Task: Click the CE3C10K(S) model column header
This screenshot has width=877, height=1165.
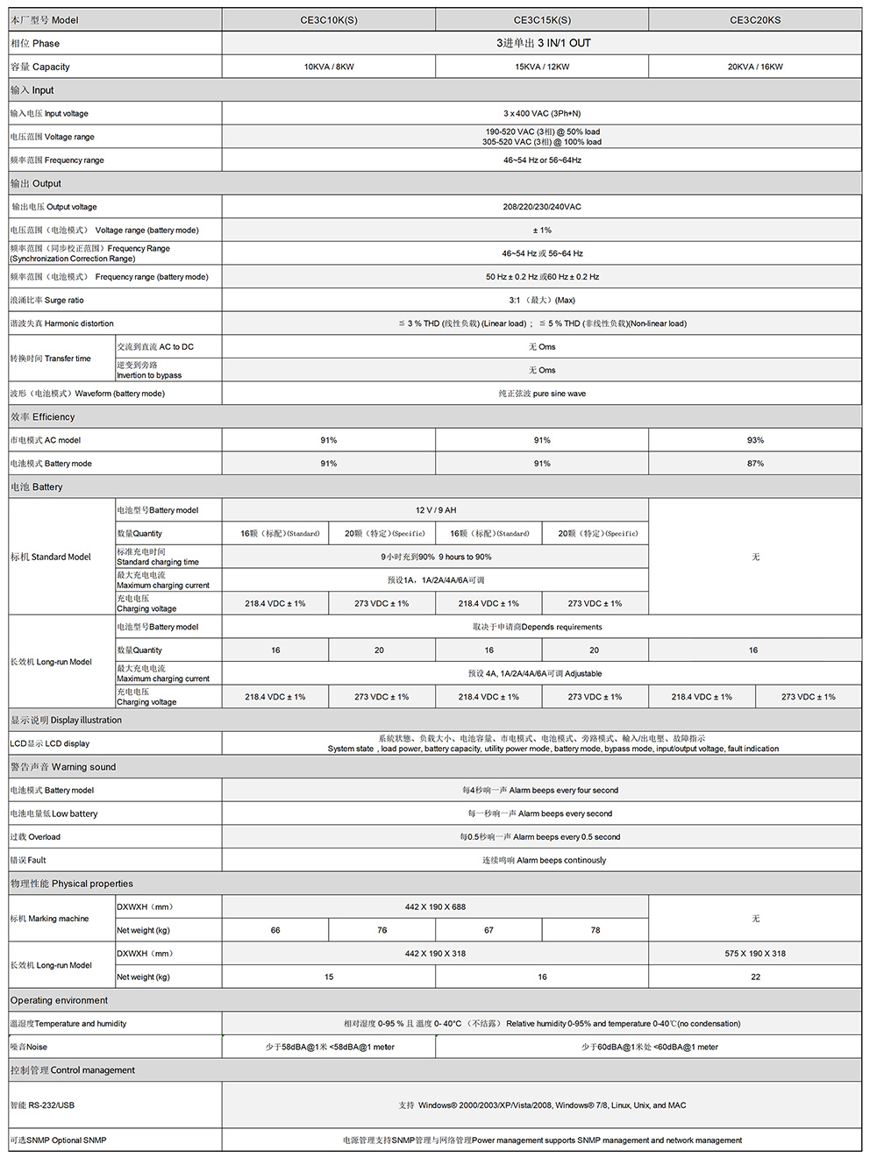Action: pos(329,20)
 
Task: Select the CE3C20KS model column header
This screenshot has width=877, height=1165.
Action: pos(755,20)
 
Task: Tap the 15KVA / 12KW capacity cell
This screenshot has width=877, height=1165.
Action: pos(542,67)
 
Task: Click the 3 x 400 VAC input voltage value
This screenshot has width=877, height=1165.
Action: pos(542,113)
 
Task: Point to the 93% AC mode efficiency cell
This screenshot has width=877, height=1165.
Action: pos(755,440)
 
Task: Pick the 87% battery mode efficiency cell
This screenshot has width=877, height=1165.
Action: pos(755,464)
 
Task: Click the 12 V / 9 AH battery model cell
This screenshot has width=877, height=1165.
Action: pos(436,510)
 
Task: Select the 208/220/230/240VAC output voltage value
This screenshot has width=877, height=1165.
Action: pos(542,207)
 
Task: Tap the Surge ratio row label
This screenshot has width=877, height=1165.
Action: pos(47,300)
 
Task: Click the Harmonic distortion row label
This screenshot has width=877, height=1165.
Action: pos(62,323)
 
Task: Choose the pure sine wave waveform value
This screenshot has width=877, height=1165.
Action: pos(542,394)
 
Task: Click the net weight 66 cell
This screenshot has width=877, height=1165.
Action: pos(275,930)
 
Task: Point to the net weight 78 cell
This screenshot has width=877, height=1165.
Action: pos(595,930)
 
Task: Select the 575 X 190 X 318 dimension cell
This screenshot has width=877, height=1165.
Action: pos(755,954)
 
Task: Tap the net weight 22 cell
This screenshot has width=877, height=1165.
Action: pos(755,977)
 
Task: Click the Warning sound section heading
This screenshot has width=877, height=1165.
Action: pos(63,767)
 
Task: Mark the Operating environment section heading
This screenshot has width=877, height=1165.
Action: pos(60,1000)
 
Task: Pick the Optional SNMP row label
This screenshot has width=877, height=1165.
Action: pos(58,1140)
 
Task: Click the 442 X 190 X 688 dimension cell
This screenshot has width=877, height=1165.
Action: pos(436,907)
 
